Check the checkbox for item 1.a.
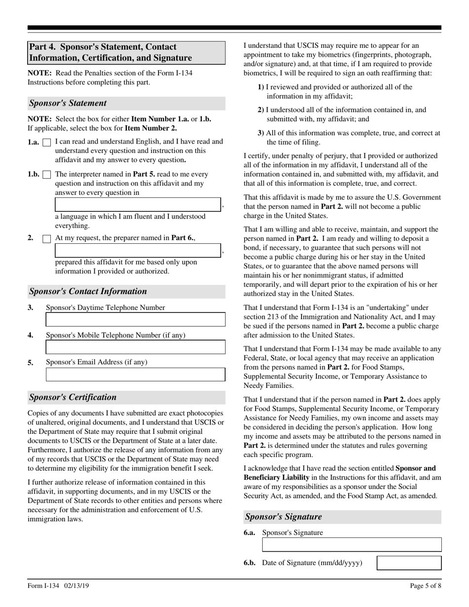pyautogui.click(x=47, y=143)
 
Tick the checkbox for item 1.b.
pyautogui.click(x=47, y=175)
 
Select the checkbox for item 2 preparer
pyautogui.click(x=47, y=239)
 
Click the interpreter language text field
pyautogui.click(x=137, y=205)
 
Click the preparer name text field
pyautogui.click(x=137, y=250)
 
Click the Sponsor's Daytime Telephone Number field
pyautogui.click(x=135, y=320)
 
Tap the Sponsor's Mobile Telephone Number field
pyautogui.click(x=135, y=347)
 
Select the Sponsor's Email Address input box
pyautogui.click(x=135, y=375)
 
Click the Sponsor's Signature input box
pyautogui.click(x=352, y=545)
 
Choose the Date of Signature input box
pyautogui.click(x=409, y=563)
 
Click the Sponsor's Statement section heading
pyautogui.click(x=68, y=103)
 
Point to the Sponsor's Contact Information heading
pyautogui.click(x=88, y=291)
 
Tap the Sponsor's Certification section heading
pyautogui.click(x=73, y=397)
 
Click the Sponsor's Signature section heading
pyautogui.click(x=283, y=517)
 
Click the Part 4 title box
pyautogui.click(x=126, y=53)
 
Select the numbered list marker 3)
pyautogui.click(x=261, y=133)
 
